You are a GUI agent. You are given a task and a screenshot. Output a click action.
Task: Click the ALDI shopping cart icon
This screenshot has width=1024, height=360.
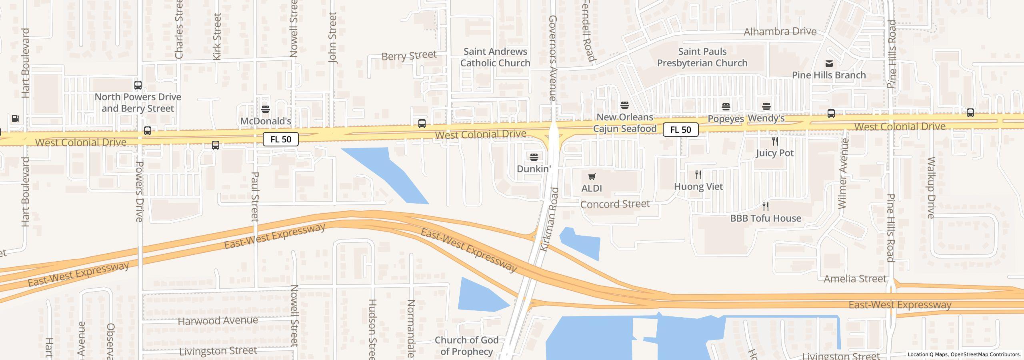coord(592,176)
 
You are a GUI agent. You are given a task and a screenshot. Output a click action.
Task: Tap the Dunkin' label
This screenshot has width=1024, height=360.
coord(534,169)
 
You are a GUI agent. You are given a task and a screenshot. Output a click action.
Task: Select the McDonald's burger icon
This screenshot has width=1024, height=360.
coord(265,109)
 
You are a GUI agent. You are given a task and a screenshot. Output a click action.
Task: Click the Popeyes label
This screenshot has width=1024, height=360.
coord(726,119)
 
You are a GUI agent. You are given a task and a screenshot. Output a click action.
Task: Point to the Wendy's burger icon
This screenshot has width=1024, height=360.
coord(766,106)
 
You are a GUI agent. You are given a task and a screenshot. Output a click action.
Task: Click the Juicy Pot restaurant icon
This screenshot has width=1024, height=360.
coord(775,141)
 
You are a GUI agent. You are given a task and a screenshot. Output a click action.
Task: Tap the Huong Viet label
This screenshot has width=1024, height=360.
coord(698,186)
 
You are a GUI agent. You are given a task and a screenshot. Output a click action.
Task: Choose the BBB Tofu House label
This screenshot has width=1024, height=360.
coord(765,218)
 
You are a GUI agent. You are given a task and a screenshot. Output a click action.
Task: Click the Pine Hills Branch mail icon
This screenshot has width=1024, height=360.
coord(829,64)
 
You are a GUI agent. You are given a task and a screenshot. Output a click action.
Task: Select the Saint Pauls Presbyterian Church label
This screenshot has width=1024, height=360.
coord(702,57)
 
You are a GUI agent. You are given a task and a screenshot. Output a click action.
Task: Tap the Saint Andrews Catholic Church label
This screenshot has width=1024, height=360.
coord(495,57)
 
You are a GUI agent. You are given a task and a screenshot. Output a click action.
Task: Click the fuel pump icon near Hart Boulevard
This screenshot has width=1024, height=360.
coord(15,118)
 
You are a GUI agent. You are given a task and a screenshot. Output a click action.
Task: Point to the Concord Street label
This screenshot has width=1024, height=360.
coord(615,204)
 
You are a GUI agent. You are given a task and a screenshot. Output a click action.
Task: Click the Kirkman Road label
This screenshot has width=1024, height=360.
coord(549,219)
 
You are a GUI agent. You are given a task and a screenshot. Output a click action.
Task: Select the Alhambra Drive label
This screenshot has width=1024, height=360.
coord(780,32)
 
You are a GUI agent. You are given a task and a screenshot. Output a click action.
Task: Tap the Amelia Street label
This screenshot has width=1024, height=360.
coord(855,279)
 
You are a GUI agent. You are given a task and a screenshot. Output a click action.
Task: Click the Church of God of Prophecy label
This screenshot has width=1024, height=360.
coord(466,346)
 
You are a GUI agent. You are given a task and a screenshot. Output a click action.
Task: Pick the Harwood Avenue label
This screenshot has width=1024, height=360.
coord(218,321)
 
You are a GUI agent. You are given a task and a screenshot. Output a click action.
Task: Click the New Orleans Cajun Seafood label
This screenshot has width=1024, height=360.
coord(625,123)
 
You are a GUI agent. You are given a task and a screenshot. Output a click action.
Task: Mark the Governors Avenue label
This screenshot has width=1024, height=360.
coord(553,58)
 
